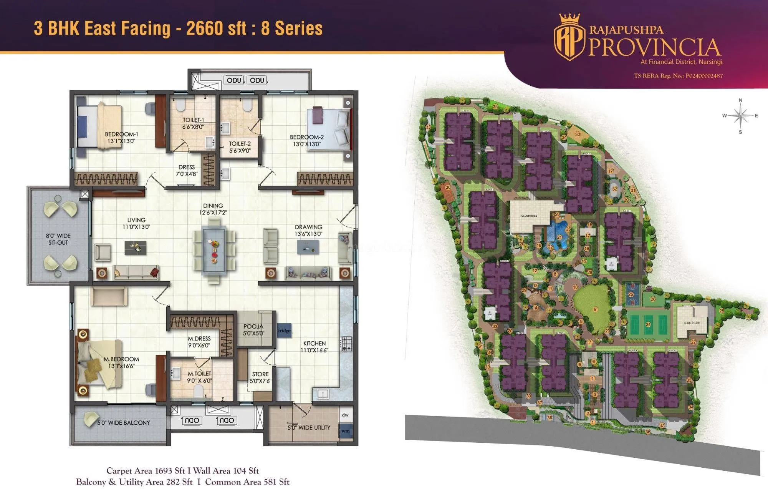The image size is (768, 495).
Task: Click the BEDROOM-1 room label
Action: pos(121,134)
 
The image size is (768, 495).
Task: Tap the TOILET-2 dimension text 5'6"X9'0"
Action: pos(240,151)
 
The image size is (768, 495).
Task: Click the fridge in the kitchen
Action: pos(284,331)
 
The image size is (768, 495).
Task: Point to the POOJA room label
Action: pos(253,326)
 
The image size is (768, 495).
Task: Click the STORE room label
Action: pos(260,374)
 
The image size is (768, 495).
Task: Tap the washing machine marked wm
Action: pos(346,431)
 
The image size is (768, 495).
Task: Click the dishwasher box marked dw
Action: pos(345,415)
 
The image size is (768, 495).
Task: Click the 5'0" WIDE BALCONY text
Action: pos(123,423)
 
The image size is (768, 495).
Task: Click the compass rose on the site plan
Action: pos(740,115)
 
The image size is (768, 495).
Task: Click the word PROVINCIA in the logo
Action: pos(654,47)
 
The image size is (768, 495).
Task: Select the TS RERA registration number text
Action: pos(678,76)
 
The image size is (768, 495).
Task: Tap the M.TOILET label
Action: pos(199,373)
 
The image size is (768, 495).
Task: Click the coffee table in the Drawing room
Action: pos(308,247)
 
